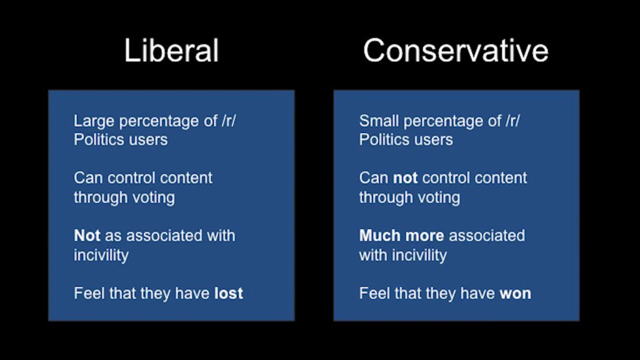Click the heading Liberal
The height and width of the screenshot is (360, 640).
(x=171, y=50)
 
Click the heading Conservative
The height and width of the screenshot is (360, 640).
(x=456, y=50)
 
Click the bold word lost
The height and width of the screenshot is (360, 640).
(x=229, y=293)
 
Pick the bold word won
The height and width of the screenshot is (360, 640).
(x=516, y=294)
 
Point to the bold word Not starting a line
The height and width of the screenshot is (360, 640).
(x=87, y=236)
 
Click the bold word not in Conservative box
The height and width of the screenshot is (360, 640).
(x=405, y=178)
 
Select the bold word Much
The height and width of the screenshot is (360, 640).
(x=379, y=236)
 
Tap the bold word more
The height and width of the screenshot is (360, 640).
(x=424, y=236)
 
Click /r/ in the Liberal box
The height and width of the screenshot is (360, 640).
(x=229, y=121)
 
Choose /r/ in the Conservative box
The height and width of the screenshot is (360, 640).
(x=513, y=121)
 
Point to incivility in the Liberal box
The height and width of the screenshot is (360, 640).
(x=101, y=256)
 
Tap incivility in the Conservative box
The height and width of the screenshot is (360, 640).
(x=419, y=256)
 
